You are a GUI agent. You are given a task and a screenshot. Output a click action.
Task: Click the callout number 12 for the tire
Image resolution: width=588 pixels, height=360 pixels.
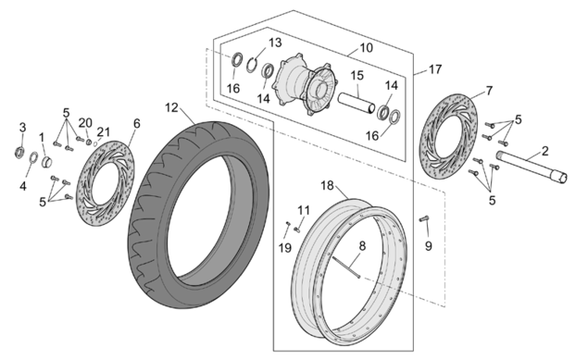pyautogui.click(x=172, y=108)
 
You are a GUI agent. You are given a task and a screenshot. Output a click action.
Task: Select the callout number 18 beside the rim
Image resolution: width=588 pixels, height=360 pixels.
pyautogui.click(x=327, y=185)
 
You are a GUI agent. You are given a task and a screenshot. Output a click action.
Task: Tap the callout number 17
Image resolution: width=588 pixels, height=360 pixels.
pyautogui.click(x=435, y=69)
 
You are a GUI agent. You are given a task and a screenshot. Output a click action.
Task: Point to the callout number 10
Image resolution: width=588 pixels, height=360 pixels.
pyautogui.click(x=367, y=48)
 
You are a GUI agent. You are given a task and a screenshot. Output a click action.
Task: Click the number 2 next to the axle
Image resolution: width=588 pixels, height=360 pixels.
pyautogui.click(x=544, y=151)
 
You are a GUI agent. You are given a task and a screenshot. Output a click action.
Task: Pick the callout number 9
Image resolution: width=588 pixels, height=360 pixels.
pyautogui.click(x=428, y=246)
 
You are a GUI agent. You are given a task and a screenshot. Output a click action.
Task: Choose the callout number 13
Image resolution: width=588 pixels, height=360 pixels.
pyautogui.click(x=275, y=43)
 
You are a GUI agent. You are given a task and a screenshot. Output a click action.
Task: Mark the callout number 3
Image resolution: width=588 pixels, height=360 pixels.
pyautogui.click(x=22, y=128)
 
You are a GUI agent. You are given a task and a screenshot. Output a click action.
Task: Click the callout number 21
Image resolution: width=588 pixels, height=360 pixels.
pyautogui.click(x=104, y=131)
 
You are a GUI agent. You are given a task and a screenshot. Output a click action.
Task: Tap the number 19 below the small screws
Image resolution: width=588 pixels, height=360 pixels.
pyautogui.click(x=285, y=248)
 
